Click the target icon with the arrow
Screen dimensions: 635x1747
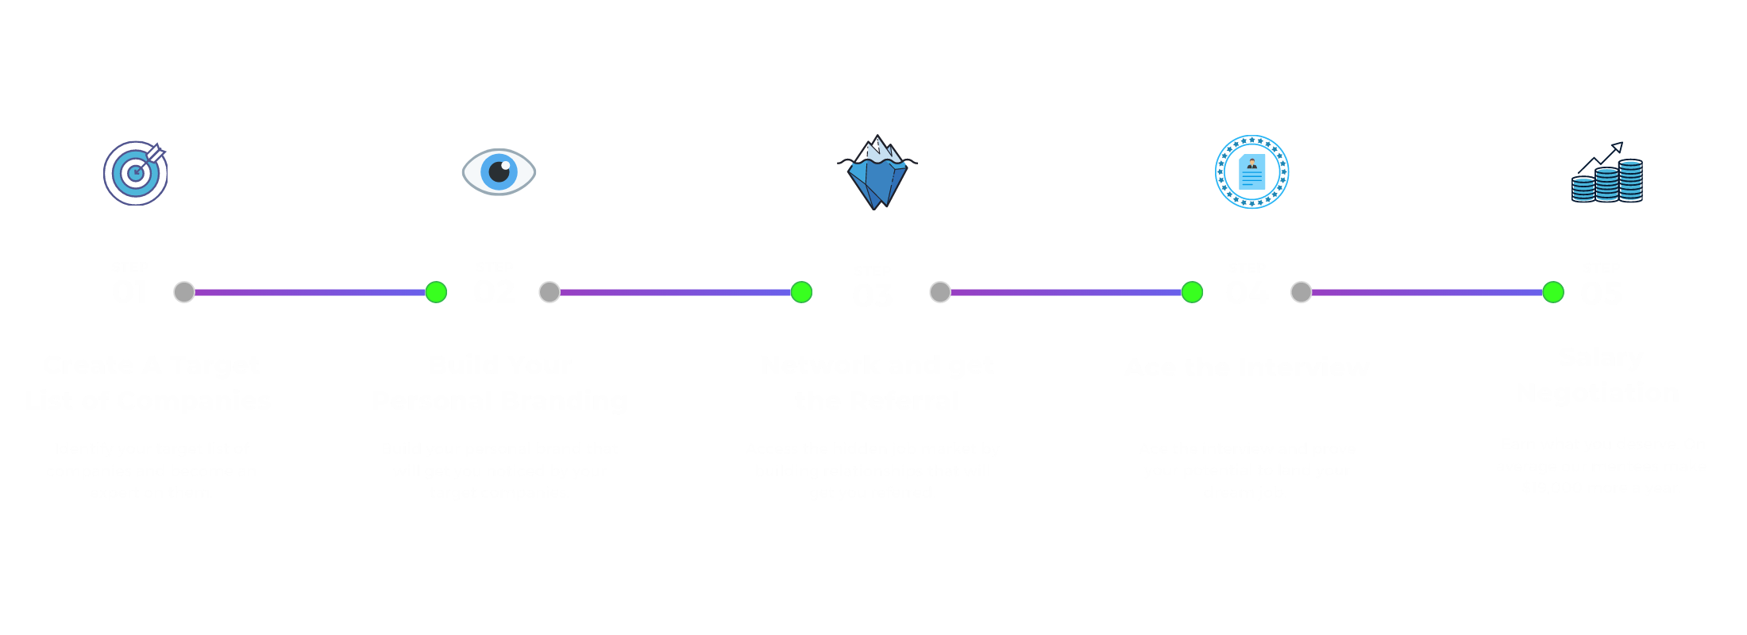136,173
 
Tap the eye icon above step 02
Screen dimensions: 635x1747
499,171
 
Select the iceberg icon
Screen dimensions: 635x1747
877,173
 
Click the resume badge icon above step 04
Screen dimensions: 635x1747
1251,172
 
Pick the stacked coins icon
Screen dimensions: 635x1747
1607,175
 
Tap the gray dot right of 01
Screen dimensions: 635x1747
184,292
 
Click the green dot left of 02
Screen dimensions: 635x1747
436,292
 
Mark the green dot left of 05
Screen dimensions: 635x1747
1553,292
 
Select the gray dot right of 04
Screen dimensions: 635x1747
1301,292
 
